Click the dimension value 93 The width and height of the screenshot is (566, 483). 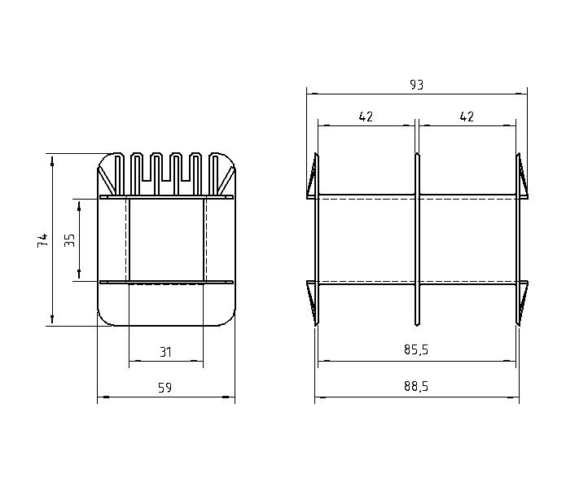tap(416, 85)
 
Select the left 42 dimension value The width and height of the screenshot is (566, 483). tap(366, 116)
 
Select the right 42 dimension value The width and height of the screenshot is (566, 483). tap(467, 116)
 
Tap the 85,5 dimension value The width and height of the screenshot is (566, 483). tap(416, 349)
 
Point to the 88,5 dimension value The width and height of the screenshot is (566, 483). tap(416, 386)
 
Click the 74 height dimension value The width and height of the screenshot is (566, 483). tap(42, 240)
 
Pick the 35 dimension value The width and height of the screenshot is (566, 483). tap(69, 240)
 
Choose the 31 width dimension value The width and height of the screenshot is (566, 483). tap(165, 352)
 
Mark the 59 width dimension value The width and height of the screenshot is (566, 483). tap(165, 388)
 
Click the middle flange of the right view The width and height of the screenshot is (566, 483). tap(417, 239)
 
